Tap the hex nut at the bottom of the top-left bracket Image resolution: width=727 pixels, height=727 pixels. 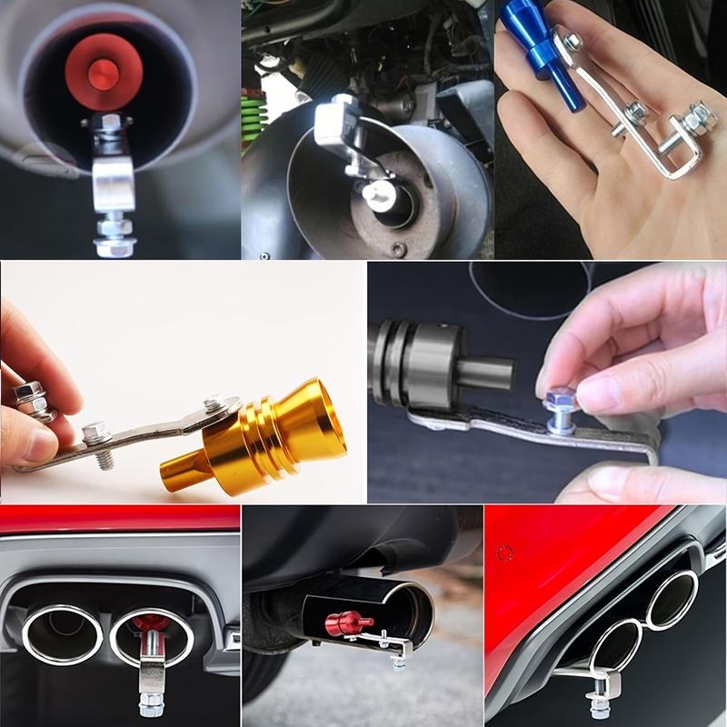pos(113,244)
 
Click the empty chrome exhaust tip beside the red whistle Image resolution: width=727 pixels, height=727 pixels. pos(61,633)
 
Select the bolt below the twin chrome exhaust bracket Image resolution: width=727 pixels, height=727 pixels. pos(151,702)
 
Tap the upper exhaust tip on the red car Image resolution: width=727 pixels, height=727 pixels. pos(672,600)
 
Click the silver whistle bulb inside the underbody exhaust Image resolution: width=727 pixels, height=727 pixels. pos(380,193)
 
